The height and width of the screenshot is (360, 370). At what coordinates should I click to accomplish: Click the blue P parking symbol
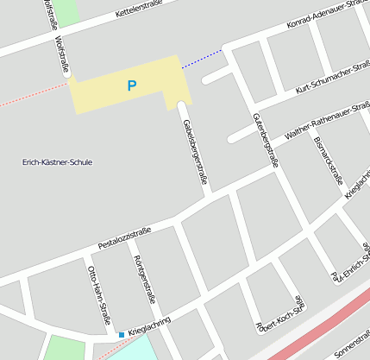point(131,85)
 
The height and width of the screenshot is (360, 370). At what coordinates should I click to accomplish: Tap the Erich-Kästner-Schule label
point(58,162)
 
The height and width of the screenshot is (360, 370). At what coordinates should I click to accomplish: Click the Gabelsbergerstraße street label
point(196,153)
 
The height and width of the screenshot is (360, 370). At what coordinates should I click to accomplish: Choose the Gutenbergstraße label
point(267,138)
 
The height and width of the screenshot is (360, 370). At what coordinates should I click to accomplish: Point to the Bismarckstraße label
point(329,161)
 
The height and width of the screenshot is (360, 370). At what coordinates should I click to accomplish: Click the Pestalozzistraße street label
point(124,237)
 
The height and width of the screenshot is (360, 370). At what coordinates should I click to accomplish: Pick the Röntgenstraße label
point(144,284)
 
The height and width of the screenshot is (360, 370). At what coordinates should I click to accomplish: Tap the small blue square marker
point(121,335)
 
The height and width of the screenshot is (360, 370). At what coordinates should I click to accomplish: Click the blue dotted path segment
point(202,58)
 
